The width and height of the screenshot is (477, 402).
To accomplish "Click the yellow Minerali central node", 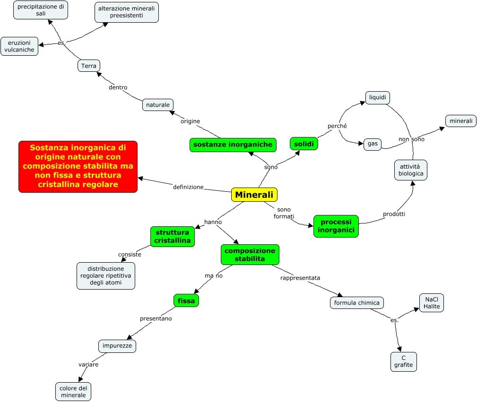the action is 254,195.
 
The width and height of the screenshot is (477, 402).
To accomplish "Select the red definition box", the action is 78,166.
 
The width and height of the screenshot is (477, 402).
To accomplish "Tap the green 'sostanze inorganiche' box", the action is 233,145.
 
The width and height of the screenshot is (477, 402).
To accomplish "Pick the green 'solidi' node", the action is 304,144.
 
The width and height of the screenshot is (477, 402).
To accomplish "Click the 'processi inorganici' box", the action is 336,226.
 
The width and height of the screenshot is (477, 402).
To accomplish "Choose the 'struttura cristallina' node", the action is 172,236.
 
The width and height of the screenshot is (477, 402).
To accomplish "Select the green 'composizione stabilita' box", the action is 250,254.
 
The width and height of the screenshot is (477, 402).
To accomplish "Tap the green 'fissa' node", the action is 186,300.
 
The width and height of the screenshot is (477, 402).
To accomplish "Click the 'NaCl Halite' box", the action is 431,303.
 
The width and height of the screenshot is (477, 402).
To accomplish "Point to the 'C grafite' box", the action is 403,361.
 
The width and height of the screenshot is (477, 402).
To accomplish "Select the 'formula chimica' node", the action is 356,303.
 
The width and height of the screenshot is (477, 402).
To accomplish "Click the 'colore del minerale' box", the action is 73,392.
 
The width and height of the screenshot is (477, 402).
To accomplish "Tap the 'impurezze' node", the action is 117,346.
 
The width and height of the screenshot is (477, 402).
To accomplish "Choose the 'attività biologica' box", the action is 411,170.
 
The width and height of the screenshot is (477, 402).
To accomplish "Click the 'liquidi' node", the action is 377,98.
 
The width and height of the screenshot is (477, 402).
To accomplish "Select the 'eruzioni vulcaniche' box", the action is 19,46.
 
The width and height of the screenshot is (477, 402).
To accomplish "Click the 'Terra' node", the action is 89,66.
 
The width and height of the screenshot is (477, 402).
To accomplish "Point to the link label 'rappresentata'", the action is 300,278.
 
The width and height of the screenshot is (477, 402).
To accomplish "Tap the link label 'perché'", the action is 337,126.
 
